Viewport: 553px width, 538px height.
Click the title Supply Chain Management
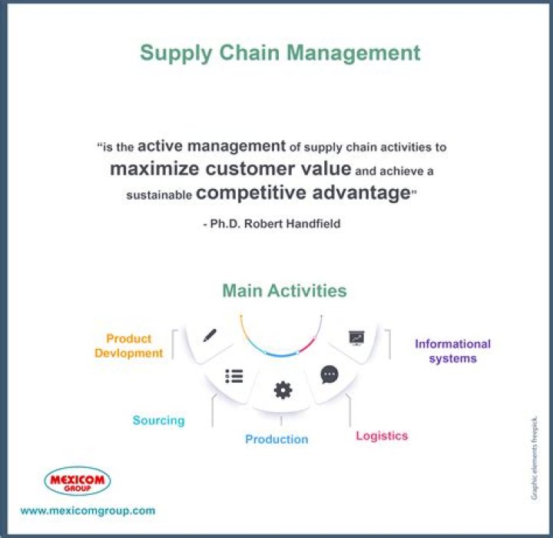tap(280, 53)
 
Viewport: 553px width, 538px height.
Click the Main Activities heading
tap(284, 291)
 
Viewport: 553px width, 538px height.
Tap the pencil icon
tap(210, 336)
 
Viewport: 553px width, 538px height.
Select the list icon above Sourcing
tap(233, 376)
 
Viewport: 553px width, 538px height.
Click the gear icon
tap(283, 390)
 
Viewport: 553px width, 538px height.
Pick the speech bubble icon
tap(329, 374)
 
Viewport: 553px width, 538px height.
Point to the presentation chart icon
tap(356, 337)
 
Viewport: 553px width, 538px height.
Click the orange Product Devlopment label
tap(129, 346)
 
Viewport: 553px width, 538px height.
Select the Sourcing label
tap(158, 420)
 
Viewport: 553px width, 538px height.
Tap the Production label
tap(276, 440)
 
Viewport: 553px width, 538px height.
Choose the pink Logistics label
tap(382, 436)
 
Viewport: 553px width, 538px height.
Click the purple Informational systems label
tap(452, 351)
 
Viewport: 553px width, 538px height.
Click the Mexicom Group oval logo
tap(77, 481)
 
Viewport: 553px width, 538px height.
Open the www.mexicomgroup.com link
tap(88, 510)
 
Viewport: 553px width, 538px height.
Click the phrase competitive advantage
tap(303, 193)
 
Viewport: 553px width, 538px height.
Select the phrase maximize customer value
tap(230, 168)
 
